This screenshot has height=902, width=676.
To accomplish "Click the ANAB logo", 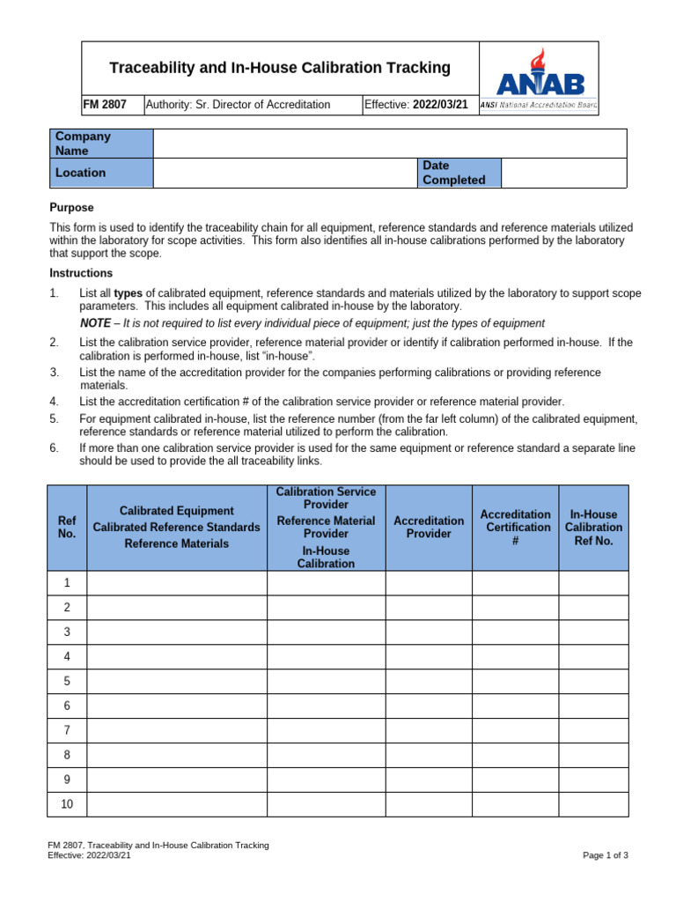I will point(539,78).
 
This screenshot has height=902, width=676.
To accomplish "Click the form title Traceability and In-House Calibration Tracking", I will point(279,68).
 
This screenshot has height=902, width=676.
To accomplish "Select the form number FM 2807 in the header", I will point(105,105).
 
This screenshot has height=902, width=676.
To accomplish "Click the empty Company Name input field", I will point(389,144).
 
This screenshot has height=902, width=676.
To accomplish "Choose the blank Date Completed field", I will point(563,173).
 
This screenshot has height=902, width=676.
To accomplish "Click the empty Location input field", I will point(284,173).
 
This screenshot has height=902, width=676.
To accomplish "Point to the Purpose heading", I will point(70,208).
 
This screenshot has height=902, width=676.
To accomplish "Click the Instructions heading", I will point(80,273).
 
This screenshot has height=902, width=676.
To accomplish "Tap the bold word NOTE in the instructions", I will point(95,323).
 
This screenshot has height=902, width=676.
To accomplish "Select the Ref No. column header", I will point(67,527).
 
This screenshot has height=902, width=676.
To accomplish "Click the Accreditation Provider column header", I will point(428,527).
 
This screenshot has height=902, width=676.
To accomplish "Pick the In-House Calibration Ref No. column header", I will point(593,527).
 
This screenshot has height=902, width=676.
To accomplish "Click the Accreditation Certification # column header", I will point(515,527).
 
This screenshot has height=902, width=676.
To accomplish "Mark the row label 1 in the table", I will point(67,583).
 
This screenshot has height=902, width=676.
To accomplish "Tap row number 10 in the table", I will point(67,804).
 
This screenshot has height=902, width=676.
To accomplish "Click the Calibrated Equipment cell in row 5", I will point(176,681).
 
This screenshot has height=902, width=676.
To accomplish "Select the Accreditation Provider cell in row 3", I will point(428,632).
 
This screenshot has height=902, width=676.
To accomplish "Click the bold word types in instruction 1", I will point(129,293).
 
